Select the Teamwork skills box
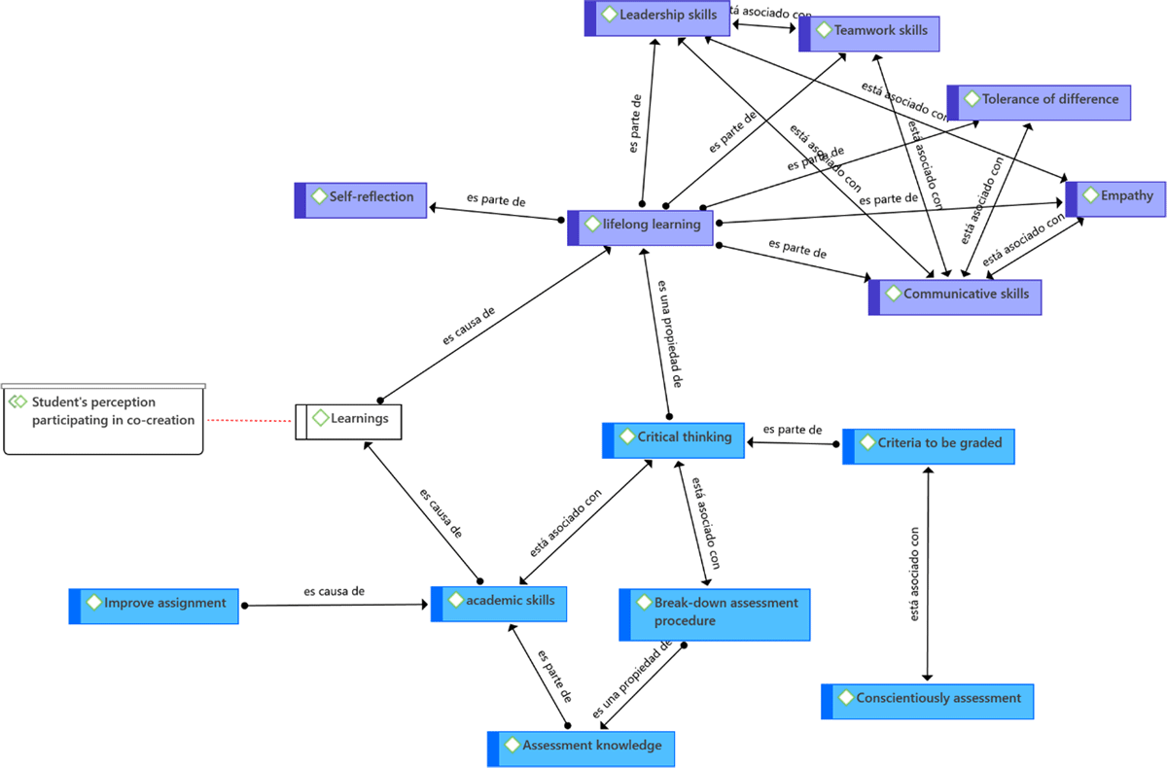tap(868, 32)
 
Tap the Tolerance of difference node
tap(1039, 101)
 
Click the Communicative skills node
tap(954, 296)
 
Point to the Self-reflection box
tap(360, 198)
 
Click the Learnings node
tap(348, 420)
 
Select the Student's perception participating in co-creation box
tap(103, 418)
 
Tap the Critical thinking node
tap(673, 439)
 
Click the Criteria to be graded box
tap(928, 445)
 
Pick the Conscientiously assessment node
tap(927, 700)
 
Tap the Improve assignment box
tap(154, 605)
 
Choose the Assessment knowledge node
tap(580, 748)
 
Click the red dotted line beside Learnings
tap(250, 421)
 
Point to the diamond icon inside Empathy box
tap(1087, 195)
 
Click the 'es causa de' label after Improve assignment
tap(334, 591)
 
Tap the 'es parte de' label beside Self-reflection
tap(496, 201)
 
